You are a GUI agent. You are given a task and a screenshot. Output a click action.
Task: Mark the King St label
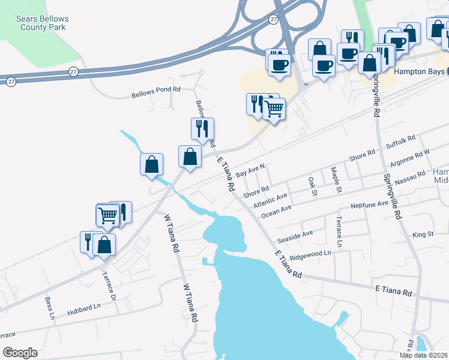(423, 233)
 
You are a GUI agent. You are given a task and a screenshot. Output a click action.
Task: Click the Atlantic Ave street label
(270, 199)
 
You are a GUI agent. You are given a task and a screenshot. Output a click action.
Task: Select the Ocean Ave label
(276, 211)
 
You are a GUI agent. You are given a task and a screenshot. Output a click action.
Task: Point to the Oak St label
(312, 187)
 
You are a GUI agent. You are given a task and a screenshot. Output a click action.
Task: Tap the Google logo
(20, 353)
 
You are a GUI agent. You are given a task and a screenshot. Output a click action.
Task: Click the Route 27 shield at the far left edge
(11, 80)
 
